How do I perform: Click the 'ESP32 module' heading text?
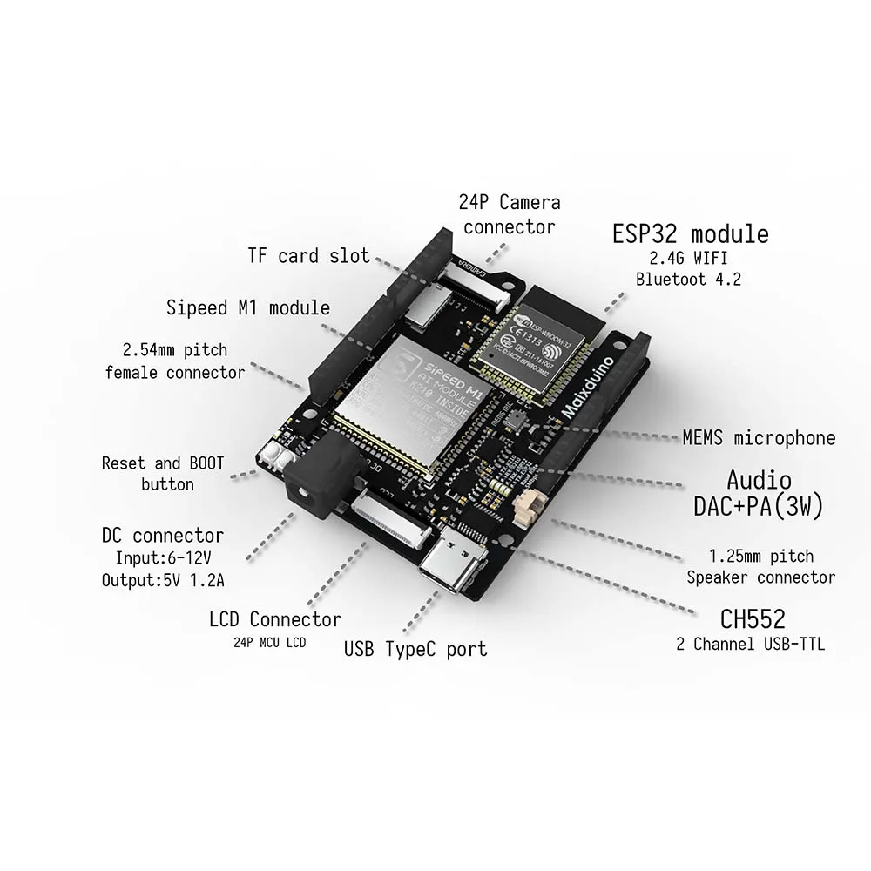click(690, 233)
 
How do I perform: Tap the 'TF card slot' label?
click(309, 256)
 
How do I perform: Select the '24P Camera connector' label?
click(510, 214)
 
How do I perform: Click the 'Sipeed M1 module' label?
click(248, 307)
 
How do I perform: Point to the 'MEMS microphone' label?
click(759, 438)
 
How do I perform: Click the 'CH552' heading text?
click(753, 619)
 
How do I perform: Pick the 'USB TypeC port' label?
click(415, 649)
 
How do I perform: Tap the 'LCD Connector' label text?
click(275, 619)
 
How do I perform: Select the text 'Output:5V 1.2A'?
click(162, 580)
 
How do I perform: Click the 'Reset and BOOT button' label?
click(163, 473)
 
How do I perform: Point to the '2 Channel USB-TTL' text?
click(751, 645)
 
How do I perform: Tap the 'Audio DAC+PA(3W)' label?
click(758, 492)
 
